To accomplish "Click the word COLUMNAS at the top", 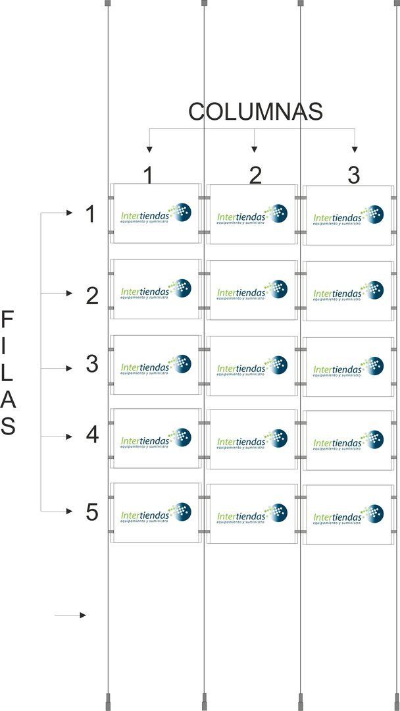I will tap(255, 112).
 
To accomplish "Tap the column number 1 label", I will tap(149, 175).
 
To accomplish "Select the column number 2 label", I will tap(255, 175).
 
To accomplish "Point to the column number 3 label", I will tap(354, 175).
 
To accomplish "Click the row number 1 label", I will tap(91, 214).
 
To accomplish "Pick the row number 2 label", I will tap(92, 296).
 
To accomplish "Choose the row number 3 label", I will tap(92, 364).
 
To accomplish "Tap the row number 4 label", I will tap(92, 435).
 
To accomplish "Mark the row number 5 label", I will tap(92, 512).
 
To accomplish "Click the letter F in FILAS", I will tap(7, 321).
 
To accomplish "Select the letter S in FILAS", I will tap(7, 427).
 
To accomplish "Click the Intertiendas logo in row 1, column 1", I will tap(156, 215).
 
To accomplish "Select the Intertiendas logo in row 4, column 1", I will tap(156, 438).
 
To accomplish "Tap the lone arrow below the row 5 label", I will tap(70, 616).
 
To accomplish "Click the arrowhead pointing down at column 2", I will tap(255, 149).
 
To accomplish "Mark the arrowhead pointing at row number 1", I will tap(69, 213).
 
